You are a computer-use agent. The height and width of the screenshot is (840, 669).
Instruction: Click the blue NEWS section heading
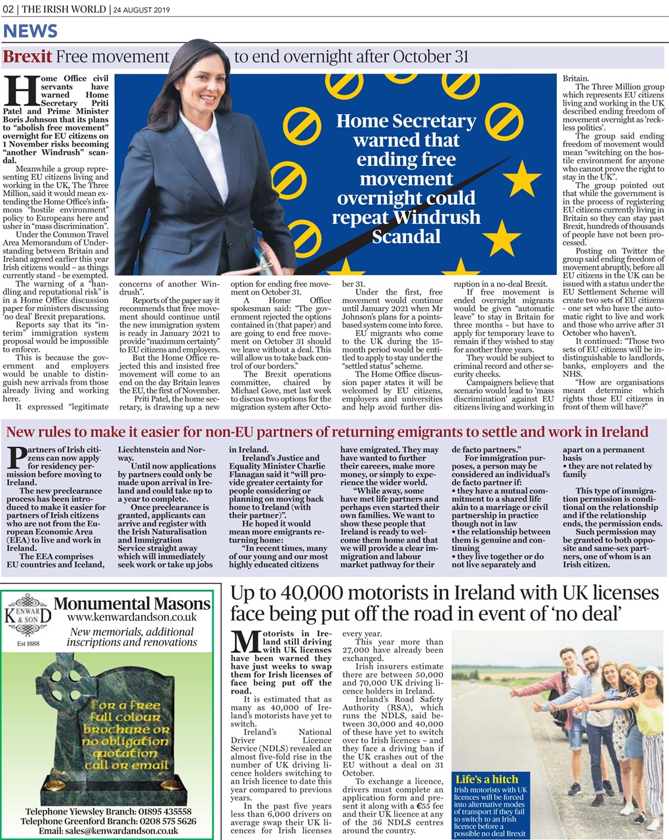31,31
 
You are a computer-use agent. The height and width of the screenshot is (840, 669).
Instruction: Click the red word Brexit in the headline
27,57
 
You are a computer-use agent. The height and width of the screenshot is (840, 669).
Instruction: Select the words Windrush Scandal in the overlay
406,226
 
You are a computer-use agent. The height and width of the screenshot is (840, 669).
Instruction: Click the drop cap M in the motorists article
246,643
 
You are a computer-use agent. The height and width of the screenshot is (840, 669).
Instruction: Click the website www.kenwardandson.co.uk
132,617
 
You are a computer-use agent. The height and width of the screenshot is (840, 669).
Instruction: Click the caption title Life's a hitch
487,779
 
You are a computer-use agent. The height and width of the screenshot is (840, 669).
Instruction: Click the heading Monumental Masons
132,603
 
